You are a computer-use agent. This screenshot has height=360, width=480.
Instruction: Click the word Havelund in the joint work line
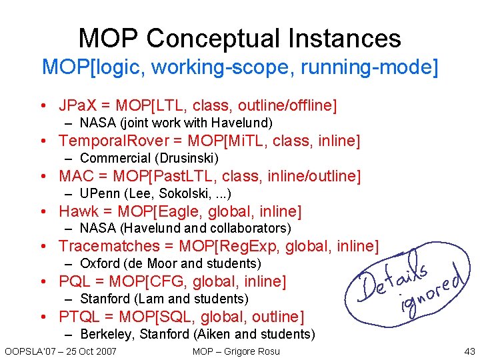tap(242, 123)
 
